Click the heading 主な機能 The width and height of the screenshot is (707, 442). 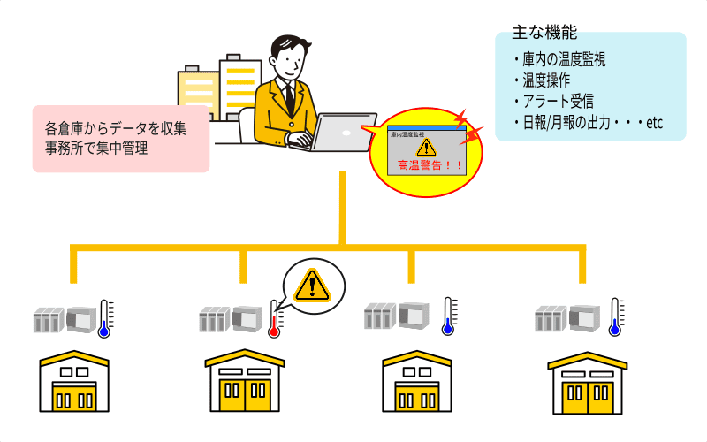pyautogui.click(x=544, y=33)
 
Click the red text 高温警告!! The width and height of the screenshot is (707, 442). pyautogui.click(x=428, y=164)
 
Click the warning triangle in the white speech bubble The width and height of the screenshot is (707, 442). pyautogui.click(x=311, y=285)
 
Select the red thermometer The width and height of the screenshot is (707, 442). pyautogui.click(x=276, y=320)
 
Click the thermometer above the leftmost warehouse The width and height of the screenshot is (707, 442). pyautogui.click(x=105, y=319)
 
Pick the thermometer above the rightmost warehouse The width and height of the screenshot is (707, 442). pyautogui.click(x=617, y=317)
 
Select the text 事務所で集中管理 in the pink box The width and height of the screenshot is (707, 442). pyautogui.click(x=96, y=149)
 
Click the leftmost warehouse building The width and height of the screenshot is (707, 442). pyautogui.click(x=75, y=384)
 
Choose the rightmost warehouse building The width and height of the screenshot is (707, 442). pyautogui.click(x=587, y=384)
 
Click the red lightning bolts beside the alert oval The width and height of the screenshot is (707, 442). pyautogui.click(x=469, y=128)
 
